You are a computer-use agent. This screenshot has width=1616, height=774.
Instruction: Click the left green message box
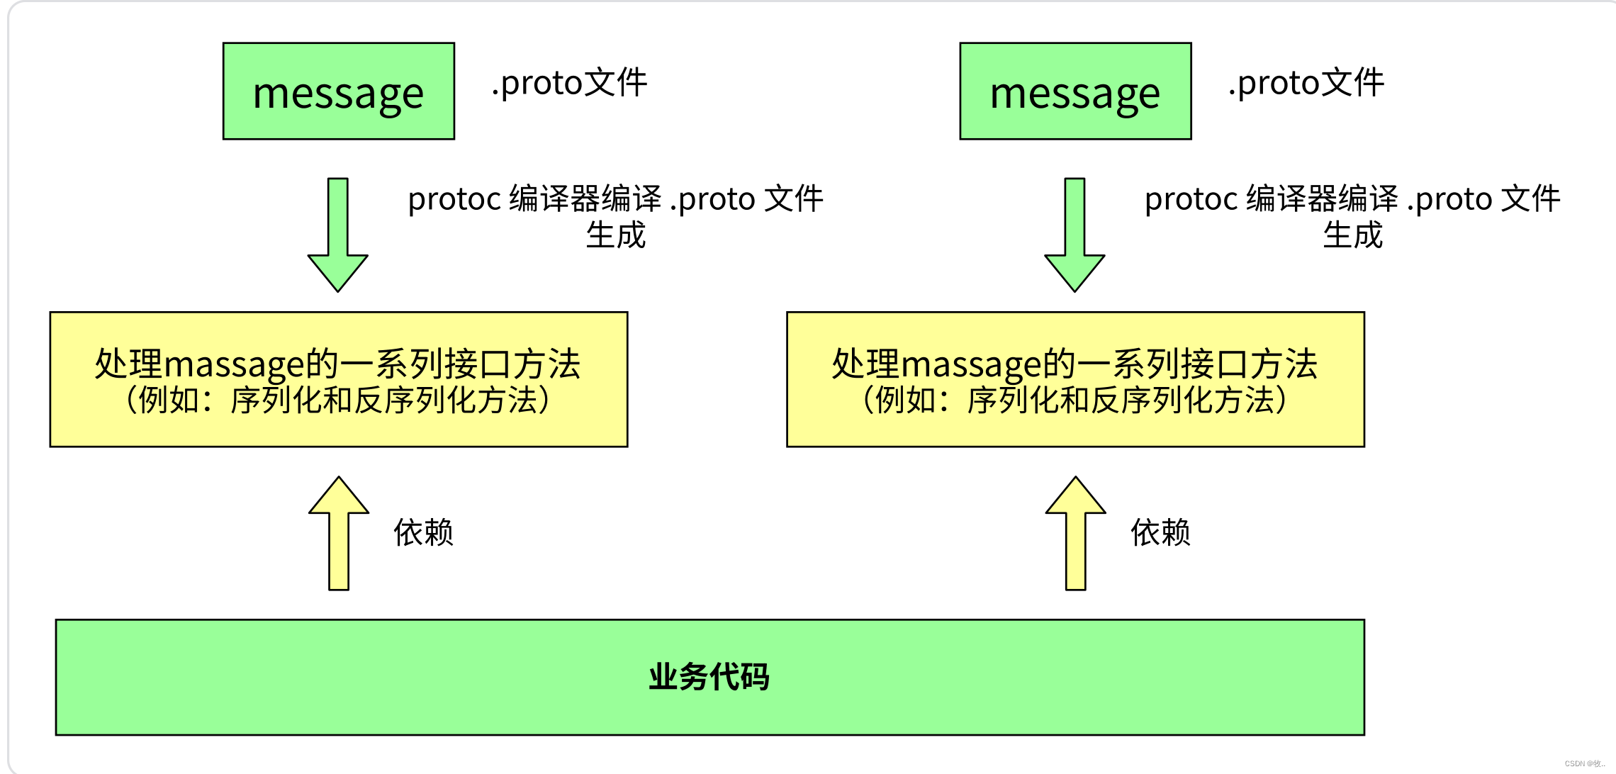[338, 91]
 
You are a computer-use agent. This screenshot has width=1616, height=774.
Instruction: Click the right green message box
[1075, 91]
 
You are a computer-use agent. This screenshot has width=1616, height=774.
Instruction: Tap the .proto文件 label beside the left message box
[569, 83]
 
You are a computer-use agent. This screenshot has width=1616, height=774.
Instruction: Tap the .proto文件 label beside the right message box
[1306, 83]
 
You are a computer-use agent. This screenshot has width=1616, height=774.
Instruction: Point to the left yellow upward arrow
[339, 533]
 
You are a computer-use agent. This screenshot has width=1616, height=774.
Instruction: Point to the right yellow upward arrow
[1075, 533]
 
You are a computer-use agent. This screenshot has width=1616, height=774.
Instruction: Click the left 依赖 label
[423, 532]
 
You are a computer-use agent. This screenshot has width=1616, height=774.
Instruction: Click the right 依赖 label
[1160, 532]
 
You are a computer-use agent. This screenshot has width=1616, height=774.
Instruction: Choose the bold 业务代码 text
[709, 677]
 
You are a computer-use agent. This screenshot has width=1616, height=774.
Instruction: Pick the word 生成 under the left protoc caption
[615, 235]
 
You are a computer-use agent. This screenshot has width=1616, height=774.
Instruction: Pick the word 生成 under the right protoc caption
[1352, 235]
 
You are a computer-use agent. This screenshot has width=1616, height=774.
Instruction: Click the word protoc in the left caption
[454, 199]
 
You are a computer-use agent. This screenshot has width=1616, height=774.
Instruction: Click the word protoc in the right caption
[1191, 199]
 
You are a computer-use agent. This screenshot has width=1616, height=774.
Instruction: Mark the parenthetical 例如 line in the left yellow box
[338, 400]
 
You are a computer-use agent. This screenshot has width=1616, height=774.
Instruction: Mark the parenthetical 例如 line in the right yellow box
[1075, 400]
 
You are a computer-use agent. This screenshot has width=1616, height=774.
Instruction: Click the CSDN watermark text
[1584, 763]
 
